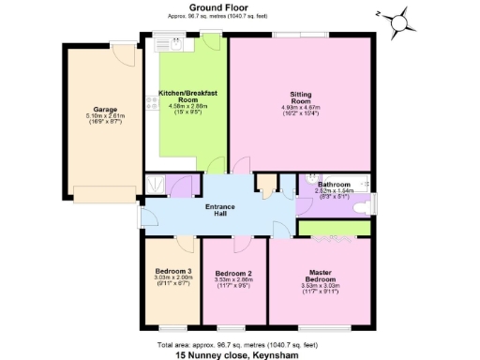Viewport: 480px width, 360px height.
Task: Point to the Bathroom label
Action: [334, 185]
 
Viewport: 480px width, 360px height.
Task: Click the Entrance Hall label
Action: [223, 209]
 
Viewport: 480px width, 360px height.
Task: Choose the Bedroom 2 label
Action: [234, 273]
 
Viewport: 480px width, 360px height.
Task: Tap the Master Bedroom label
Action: [321, 277]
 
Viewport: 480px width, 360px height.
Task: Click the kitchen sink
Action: [168, 43]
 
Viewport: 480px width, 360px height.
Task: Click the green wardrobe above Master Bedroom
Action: [333, 228]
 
